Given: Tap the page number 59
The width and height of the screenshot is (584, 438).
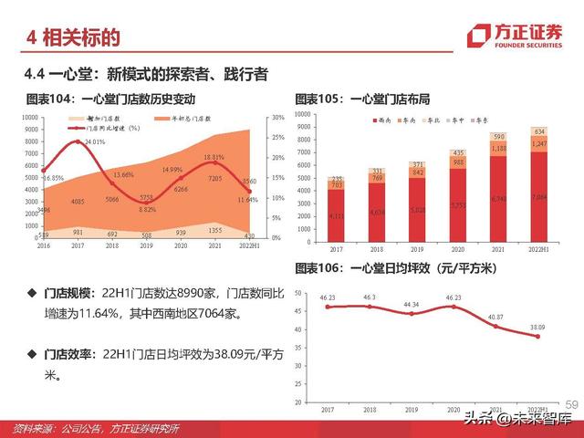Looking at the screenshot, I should coord(572,404).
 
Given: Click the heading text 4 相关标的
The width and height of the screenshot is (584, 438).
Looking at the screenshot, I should coord(74,37).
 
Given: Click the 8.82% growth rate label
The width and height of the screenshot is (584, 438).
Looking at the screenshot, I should coord(147,209).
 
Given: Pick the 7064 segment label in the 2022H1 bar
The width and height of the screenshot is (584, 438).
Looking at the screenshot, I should coord(538,195).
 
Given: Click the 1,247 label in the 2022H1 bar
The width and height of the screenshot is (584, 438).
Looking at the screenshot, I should coord(538,145).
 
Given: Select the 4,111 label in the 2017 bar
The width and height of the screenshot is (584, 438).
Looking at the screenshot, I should coord(336,215).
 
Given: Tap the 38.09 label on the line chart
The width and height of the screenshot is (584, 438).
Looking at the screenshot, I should coord(538,326).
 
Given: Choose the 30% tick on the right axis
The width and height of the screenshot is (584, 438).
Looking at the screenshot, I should coord(277,118).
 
